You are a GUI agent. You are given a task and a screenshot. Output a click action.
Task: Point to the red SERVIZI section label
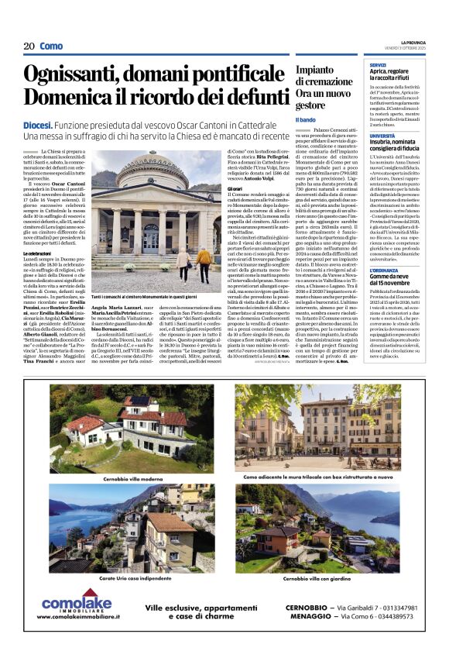[x=378, y=64]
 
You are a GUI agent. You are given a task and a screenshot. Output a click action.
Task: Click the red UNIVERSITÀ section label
[x=382, y=135]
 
